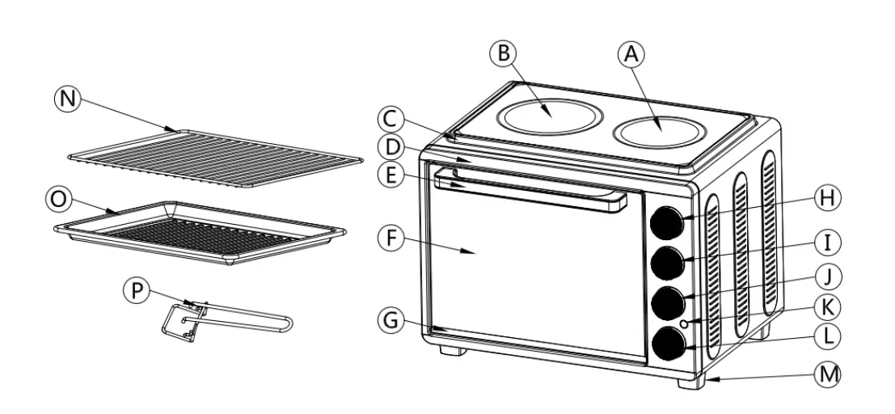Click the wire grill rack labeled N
214,157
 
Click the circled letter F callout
391,239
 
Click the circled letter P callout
138,290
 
